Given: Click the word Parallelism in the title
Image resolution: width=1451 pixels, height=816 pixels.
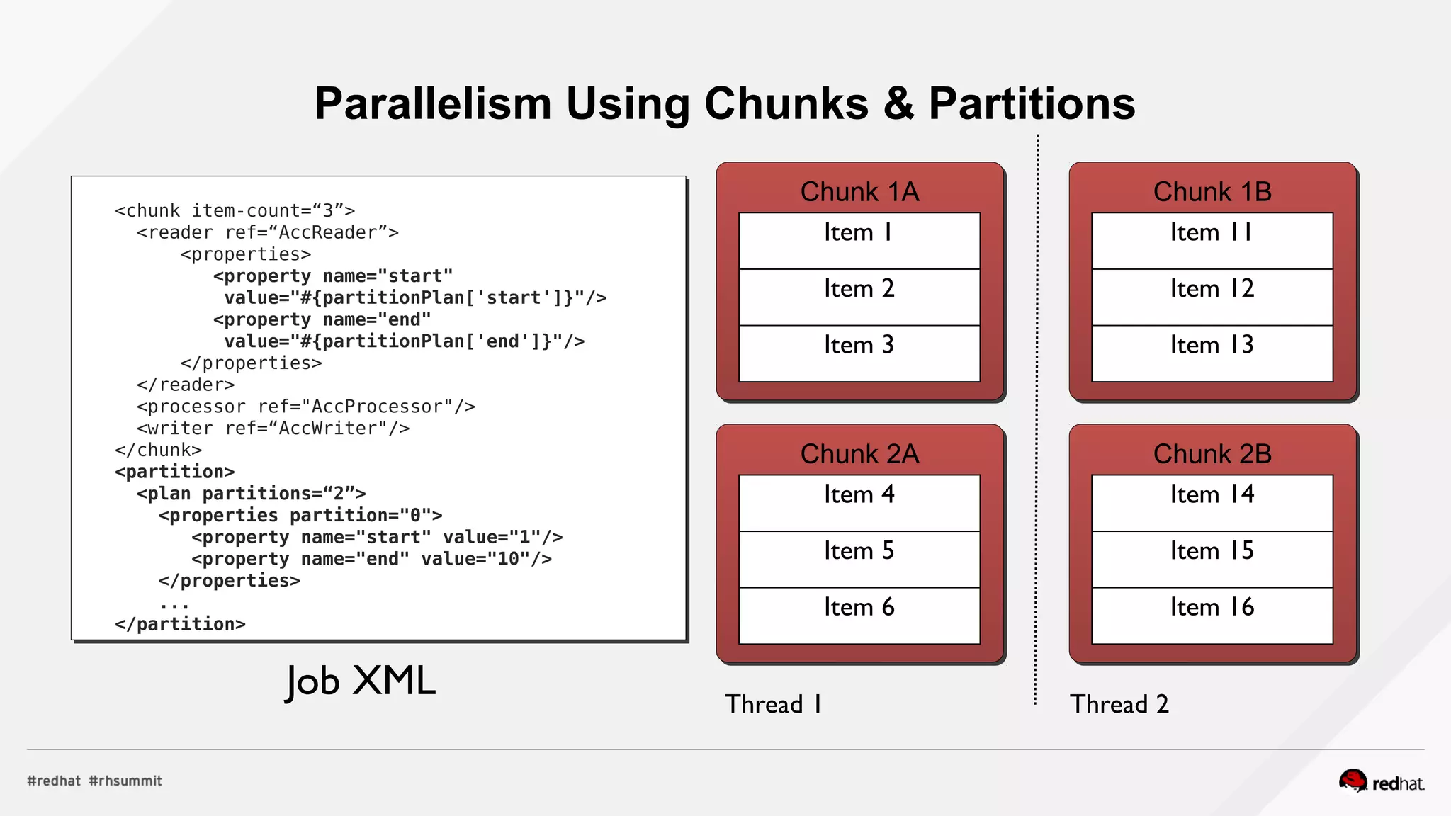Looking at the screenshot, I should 432,104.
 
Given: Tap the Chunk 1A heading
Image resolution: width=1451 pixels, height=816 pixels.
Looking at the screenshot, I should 859,192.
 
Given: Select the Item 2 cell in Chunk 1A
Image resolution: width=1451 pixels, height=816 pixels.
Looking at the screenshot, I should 859,297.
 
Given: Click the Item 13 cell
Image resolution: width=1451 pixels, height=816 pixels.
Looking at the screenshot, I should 1212,353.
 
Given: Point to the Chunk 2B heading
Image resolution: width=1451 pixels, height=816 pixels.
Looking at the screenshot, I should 1212,454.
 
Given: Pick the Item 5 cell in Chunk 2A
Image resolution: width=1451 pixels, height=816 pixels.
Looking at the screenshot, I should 859,559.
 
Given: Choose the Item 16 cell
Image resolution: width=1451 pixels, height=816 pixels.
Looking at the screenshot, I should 1212,615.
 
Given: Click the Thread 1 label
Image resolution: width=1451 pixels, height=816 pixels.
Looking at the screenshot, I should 773,704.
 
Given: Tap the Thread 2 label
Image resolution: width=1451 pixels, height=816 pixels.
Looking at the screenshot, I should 1119,704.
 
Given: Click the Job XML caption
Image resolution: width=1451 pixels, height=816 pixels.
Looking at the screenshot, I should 360,681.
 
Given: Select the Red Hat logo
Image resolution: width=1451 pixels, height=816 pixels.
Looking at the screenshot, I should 1382,782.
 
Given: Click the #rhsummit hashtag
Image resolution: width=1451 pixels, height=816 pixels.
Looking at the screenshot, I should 125,781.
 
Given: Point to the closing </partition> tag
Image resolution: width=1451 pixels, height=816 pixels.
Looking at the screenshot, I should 180,624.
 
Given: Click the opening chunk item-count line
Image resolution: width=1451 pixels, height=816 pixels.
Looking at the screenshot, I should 235,211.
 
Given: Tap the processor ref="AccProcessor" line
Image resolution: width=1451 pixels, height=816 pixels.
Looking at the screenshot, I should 305,407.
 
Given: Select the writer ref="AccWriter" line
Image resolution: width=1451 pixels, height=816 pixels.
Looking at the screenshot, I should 273,429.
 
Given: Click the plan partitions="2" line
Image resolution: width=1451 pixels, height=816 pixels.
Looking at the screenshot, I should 251,494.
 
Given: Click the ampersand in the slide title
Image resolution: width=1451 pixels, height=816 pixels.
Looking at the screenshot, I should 899,104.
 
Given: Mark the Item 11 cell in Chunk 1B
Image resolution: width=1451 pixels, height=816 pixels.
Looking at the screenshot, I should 1212,240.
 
